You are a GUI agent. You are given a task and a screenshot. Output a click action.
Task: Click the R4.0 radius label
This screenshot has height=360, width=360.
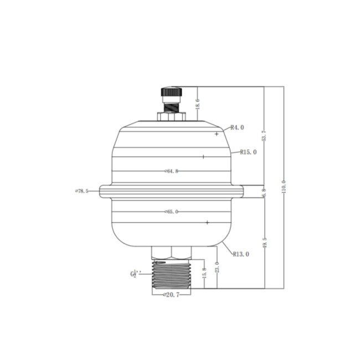(237, 127)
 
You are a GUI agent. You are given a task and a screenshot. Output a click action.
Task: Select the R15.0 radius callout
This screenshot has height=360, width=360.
(248, 152)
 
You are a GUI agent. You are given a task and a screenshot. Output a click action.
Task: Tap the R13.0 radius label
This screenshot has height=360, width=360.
(240, 254)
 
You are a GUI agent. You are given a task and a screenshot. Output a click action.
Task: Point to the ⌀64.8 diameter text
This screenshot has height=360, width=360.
(171, 171)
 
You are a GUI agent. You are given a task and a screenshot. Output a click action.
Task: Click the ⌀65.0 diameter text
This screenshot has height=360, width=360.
(171, 212)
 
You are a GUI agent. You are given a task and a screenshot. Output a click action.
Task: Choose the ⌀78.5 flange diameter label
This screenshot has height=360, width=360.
(82, 191)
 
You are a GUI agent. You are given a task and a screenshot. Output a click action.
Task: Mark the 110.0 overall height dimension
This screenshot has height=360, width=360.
(283, 187)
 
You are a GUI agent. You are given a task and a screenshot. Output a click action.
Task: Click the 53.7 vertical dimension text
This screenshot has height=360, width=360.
(264, 136)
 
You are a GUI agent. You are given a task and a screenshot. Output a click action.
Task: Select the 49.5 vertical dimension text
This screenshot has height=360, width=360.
(264, 243)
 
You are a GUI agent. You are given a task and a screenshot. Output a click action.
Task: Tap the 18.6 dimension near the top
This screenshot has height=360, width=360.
(197, 104)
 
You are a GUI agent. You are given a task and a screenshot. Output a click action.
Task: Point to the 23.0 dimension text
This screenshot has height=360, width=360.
(217, 268)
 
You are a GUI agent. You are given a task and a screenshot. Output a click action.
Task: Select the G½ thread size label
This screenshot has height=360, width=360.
(136, 273)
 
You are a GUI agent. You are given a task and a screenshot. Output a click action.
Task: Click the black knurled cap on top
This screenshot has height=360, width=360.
(171, 91)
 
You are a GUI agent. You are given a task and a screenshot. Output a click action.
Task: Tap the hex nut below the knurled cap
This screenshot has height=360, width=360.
(171, 117)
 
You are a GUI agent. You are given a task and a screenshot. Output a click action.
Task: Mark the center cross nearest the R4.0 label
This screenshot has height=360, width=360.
(217, 134)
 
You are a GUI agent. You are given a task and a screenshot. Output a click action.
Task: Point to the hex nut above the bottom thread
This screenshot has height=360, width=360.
(171, 253)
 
